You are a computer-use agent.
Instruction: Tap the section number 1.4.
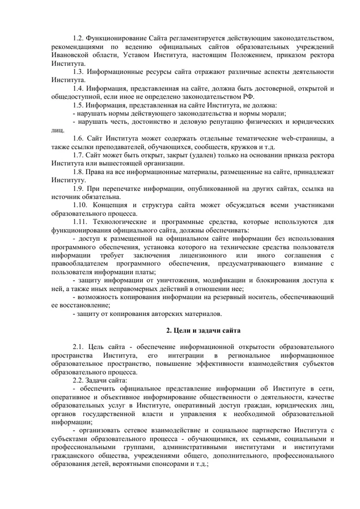click(78, 88)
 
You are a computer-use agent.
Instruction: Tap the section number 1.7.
click(78, 155)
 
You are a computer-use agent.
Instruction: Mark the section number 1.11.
click(80, 222)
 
